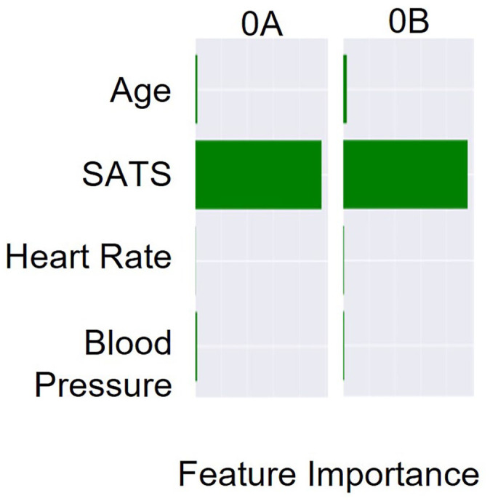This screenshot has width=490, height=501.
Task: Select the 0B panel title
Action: pyautogui.click(x=409, y=22)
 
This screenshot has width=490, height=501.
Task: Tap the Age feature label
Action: pyautogui.click(x=140, y=91)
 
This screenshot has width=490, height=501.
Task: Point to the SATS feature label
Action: pyautogui.click(x=126, y=174)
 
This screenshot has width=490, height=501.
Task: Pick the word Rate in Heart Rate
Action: pyautogui.click(x=136, y=257)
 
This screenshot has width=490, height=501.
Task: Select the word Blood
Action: pyautogui.click(x=128, y=342)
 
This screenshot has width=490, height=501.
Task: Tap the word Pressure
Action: pyautogui.click(x=103, y=385)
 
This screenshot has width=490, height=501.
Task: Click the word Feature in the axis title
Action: pyautogui.click(x=237, y=474)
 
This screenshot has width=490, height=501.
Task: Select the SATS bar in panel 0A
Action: pyautogui.click(x=258, y=175)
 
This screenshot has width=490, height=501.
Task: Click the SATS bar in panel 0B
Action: pyautogui.click(x=406, y=174)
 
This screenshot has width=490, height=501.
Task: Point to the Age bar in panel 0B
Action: pyautogui.click(x=345, y=89)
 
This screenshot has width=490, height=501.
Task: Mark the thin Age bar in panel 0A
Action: pyautogui.click(x=196, y=89)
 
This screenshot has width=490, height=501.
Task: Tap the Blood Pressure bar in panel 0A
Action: pyautogui.click(x=196, y=346)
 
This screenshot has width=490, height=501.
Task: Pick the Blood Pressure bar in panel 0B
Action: pyautogui.click(x=344, y=345)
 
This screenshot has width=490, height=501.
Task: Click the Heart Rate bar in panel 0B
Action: pyautogui.click(x=344, y=260)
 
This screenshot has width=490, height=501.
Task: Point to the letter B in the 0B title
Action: pyautogui.click(x=419, y=22)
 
